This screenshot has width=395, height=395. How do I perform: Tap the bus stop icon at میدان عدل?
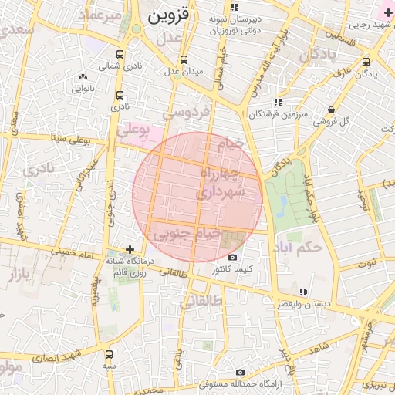tap(184, 59)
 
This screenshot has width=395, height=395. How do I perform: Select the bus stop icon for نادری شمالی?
tap(120, 55)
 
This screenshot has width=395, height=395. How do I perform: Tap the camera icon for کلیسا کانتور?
tap(233, 258)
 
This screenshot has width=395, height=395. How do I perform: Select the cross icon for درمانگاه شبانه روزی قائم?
tap(130, 250)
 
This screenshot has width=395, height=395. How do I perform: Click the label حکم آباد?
tap(297, 248)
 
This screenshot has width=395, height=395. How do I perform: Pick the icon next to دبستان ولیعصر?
tap(303, 291)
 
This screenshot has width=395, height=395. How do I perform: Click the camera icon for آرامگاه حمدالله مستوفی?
tap(240, 372)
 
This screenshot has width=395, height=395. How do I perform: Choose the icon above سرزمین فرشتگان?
tap(277, 102)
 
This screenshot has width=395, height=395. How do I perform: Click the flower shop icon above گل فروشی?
tap(331, 110)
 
